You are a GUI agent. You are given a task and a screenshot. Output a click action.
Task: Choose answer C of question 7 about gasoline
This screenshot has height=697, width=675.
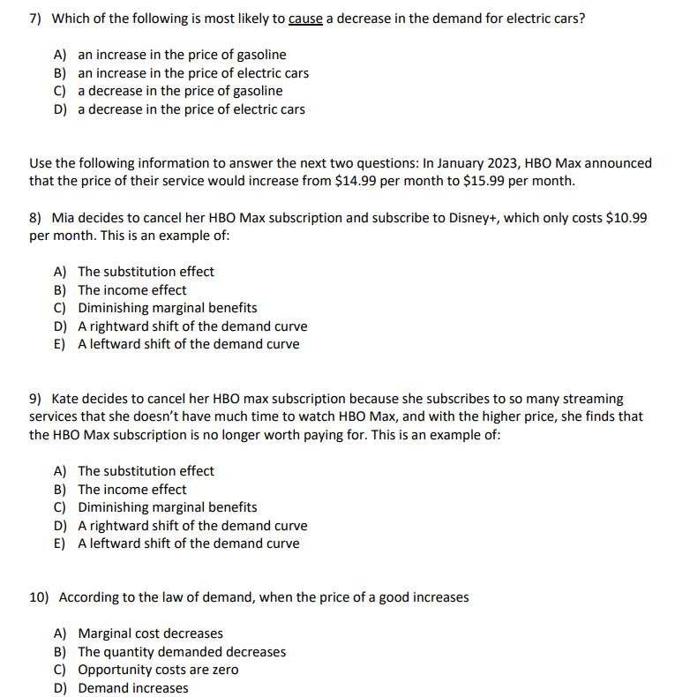point(180,91)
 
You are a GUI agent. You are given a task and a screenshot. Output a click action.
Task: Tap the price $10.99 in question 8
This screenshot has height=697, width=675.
point(628,217)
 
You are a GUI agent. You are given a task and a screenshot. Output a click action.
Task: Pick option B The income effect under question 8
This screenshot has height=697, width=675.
point(131,290)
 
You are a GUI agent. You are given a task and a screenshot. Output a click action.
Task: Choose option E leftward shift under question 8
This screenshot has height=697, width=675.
point(188,344)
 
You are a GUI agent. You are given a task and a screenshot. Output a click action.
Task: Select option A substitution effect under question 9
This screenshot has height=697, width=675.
point(146,471)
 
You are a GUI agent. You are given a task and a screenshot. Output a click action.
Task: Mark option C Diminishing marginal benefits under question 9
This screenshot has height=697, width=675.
point(167,507)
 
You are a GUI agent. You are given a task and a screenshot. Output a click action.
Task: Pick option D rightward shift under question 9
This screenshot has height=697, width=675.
point(192,526)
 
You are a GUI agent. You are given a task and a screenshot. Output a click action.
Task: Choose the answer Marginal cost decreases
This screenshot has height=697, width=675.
point(150,633)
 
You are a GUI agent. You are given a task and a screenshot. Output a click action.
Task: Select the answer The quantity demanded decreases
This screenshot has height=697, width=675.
point(182,652)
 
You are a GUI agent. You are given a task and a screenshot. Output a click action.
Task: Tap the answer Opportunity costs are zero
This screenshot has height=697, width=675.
point(158,670)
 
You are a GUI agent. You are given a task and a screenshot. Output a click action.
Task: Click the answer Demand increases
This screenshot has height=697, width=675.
point(132,688)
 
